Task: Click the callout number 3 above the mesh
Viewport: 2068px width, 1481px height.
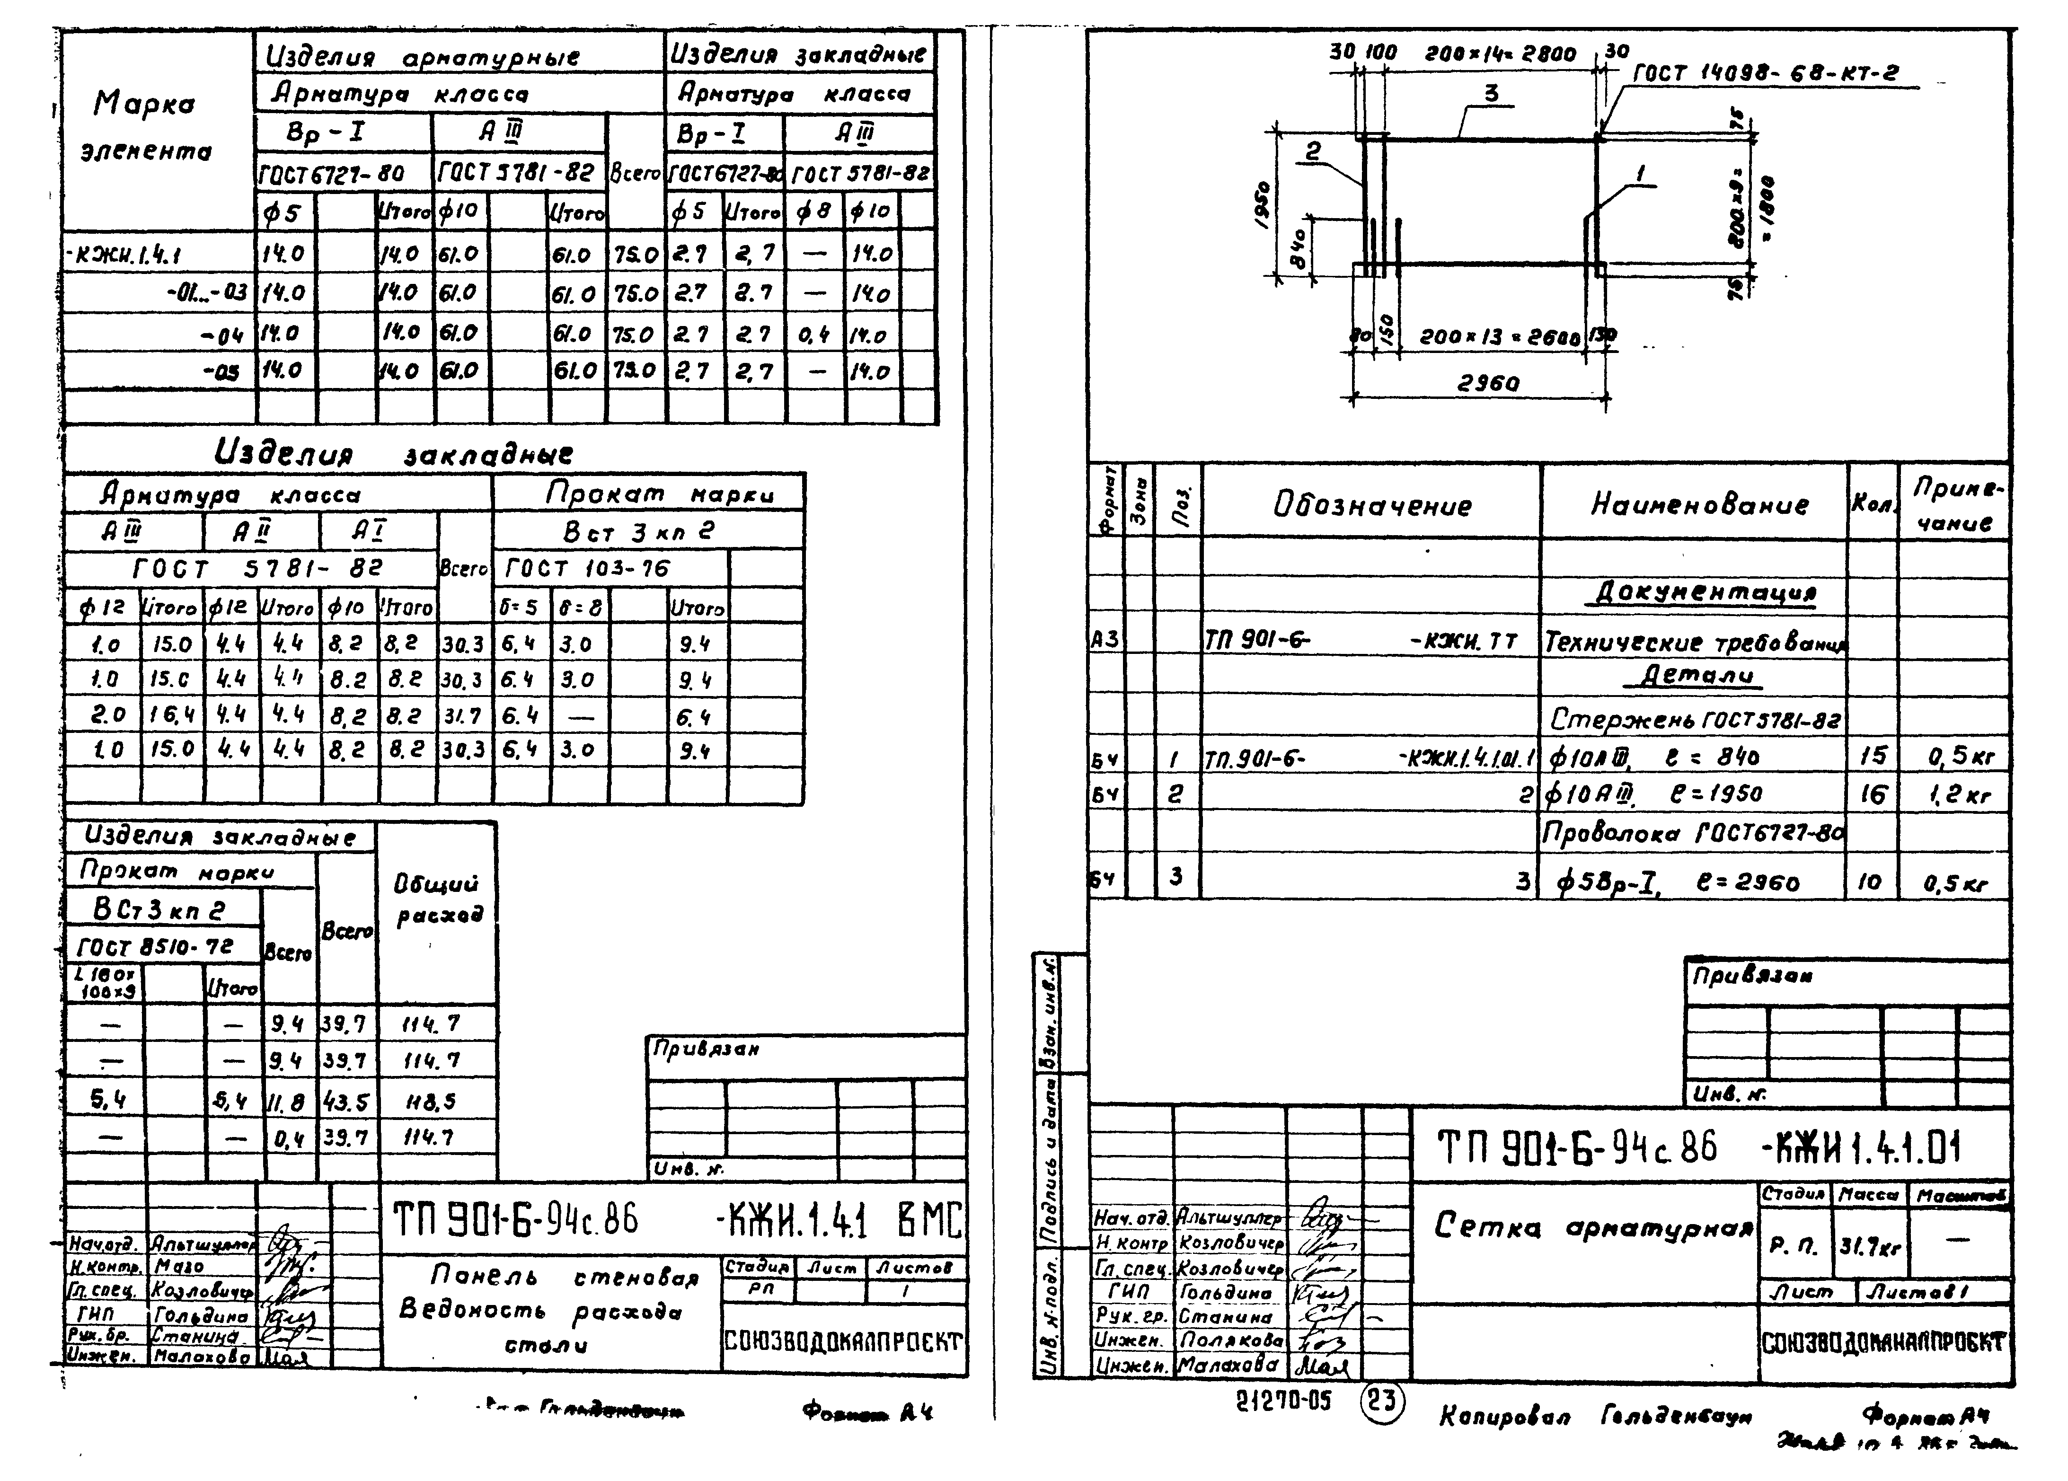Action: (1492, 94)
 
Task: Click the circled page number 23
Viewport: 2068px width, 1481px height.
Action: (1381, 1400)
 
